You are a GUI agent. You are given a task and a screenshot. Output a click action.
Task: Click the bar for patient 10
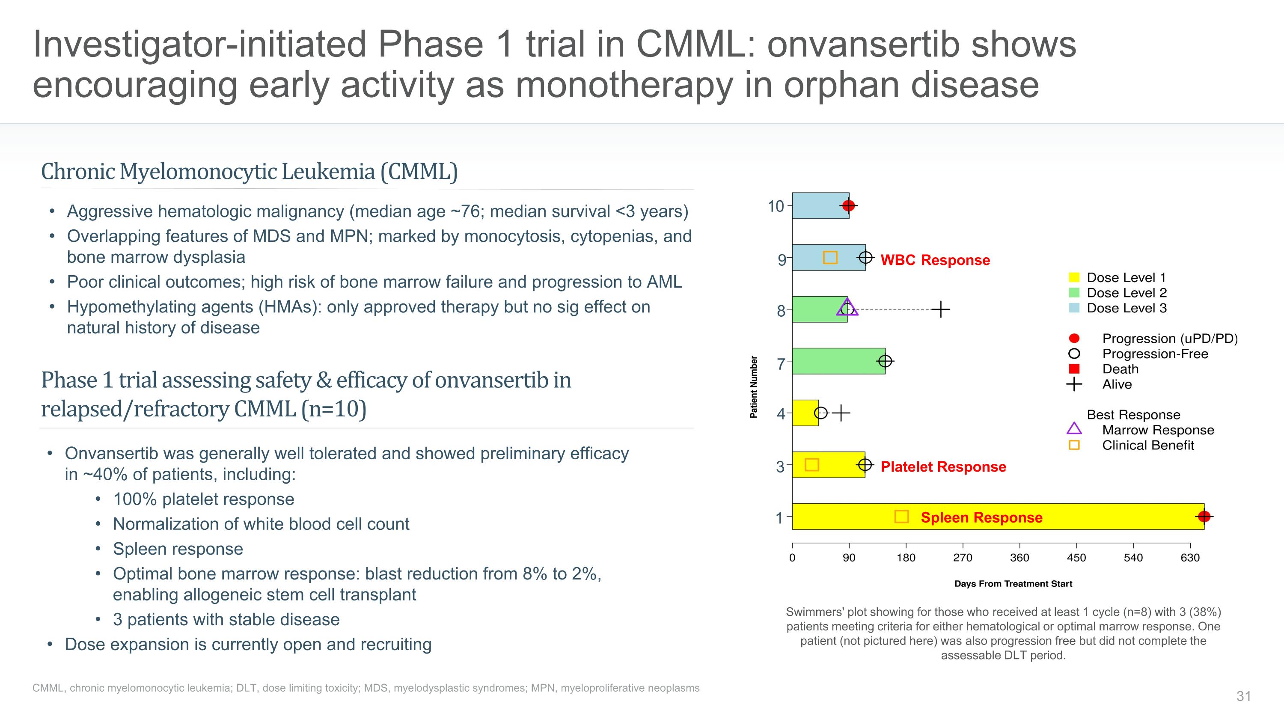[x=817, y=206]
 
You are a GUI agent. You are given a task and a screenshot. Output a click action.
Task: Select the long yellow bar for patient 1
[x=1047, y=517]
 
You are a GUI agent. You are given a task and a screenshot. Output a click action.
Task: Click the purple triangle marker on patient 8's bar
[x=847, y=307]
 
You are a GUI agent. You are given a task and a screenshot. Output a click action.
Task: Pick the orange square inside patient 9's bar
[x=830, y=258]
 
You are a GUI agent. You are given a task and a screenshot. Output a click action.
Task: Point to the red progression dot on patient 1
[x=1204, y=517]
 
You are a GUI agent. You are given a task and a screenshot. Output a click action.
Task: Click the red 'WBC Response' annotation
[x=935, y=260]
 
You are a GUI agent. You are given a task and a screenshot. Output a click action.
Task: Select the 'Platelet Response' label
[x=943, y=467]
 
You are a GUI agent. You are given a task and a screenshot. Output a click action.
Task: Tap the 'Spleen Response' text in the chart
[x=981, y=518]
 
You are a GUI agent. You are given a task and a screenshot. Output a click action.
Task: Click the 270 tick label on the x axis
[x=963, y=558]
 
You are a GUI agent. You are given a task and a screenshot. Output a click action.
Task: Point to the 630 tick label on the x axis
[x=1190, y=558]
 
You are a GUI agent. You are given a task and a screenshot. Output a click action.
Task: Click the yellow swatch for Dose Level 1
[x=1074, y=277]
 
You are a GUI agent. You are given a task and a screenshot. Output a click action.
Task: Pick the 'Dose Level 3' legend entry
[x=1126, y=309]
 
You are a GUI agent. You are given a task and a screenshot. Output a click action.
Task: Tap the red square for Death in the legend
[x=1074, y=369]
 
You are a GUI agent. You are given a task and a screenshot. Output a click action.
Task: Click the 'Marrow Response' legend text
[x=1157, y=430]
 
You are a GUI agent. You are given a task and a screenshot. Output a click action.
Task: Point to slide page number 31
[x=1243, y=696]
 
